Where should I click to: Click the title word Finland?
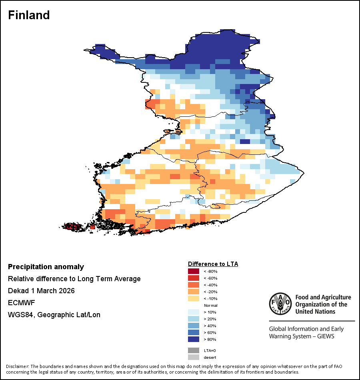coord(29,15)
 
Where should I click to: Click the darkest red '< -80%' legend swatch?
coord(193,272)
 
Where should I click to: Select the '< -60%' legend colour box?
coord(193,278)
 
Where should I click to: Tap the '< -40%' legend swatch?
coord(193,285)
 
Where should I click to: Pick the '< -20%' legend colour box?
coord(193,292)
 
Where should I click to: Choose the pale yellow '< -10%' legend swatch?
coord(193,299)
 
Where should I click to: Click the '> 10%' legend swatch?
coord(193,312)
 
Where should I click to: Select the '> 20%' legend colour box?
coord(193,319)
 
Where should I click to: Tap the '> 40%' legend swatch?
coord(193,326)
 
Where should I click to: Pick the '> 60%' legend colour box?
coord(193,333)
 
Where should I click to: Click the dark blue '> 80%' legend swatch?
coord(193,340)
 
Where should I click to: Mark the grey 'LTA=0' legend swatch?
coord(193,350)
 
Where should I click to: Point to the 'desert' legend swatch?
coord(193,357)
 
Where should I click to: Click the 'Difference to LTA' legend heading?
coord(213,264)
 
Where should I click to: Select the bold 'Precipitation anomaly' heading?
coord(46,267)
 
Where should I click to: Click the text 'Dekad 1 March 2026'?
coord(41,291)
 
